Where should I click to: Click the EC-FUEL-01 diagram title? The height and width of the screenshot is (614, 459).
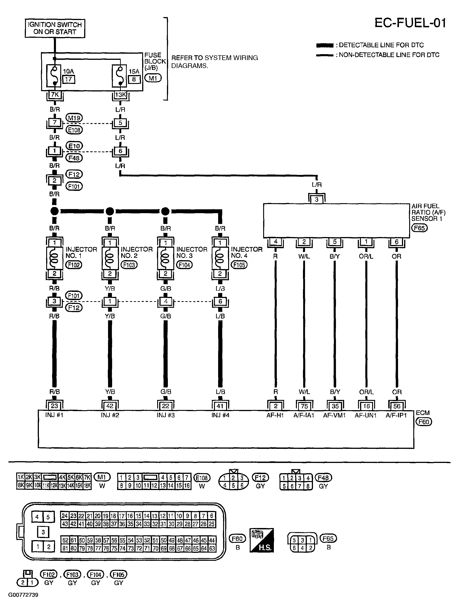410,23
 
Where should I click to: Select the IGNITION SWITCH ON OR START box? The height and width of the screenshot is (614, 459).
55,28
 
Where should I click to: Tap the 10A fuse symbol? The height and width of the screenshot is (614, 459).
55,76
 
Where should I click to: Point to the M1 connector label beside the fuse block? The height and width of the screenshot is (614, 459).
153,78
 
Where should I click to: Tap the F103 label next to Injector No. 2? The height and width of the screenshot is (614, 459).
129,265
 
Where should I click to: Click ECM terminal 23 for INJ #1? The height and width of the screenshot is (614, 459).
54,406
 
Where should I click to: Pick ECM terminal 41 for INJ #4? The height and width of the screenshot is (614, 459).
220,406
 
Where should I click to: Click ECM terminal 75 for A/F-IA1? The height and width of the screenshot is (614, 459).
304,406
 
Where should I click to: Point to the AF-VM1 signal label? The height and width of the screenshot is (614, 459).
334,415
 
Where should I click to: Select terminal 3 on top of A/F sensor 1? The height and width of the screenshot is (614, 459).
316,199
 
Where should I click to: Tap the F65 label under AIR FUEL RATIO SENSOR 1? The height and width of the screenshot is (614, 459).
419,228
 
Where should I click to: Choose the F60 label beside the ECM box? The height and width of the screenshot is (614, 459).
424,422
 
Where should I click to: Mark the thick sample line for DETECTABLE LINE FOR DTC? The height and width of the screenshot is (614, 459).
324,45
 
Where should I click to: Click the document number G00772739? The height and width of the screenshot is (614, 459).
23,595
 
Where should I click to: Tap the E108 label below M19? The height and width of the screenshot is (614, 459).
74,130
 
